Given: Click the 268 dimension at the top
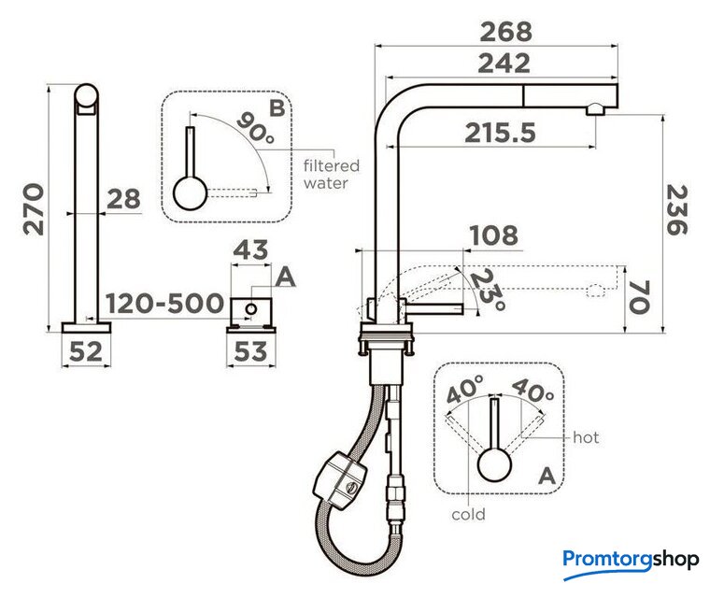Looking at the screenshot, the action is tap(505, 32).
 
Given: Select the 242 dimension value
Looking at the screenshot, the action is tap(504, 63).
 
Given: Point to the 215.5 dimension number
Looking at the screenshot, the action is tap(501, 133).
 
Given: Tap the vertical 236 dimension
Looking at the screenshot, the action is tap(677, 209).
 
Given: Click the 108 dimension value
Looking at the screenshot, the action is tap(493, 235).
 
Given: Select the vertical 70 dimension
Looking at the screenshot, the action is tap(639, 296).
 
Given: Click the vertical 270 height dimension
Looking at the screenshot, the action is tap(34, 209).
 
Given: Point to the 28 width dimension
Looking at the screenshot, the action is tap(123, 199).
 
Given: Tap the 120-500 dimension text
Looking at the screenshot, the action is tap(164, 303).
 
